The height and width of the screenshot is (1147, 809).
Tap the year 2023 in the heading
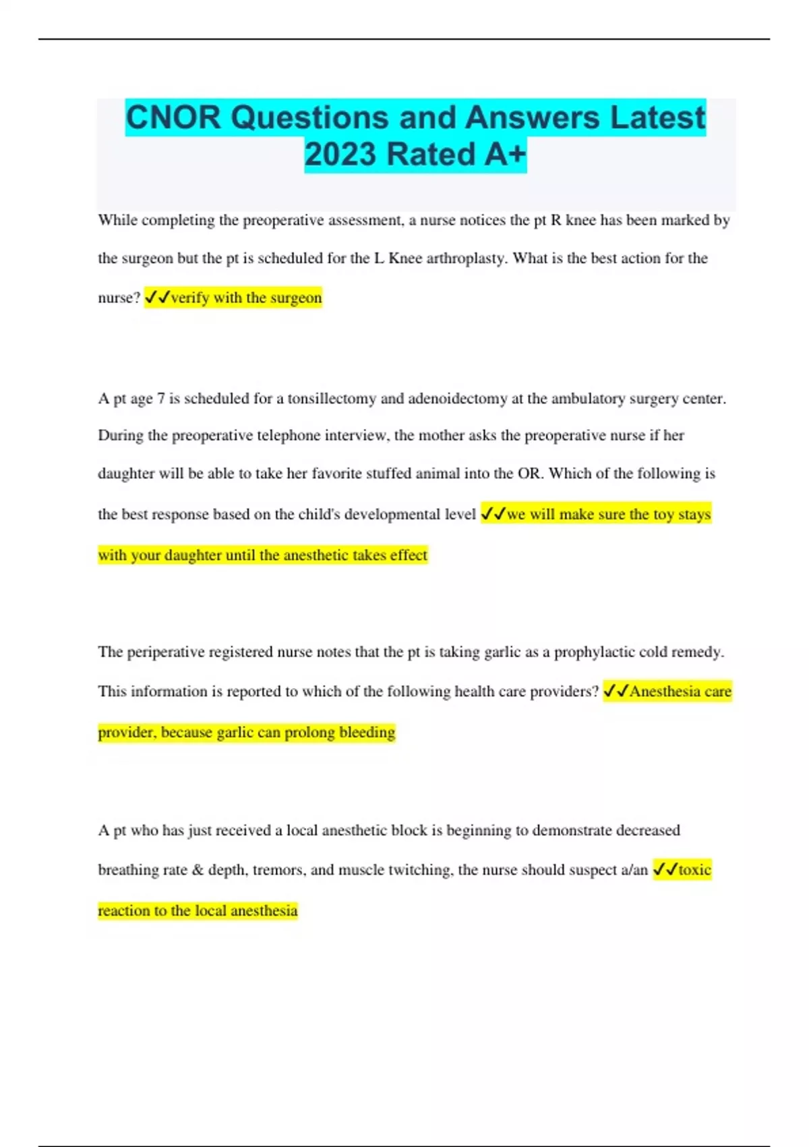(x=341, y=155)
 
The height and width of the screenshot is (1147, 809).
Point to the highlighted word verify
(x=189, y=298)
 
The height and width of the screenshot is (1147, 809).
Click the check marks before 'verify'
(x=158, y=298)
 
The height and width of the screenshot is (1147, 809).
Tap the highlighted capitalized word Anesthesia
(x=665, y=692)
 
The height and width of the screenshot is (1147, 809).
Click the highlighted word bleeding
(x=367, y=733)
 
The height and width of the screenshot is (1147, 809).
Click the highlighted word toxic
(x=694, y=870)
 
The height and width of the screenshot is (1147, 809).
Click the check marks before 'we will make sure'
(x=493, y=514)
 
